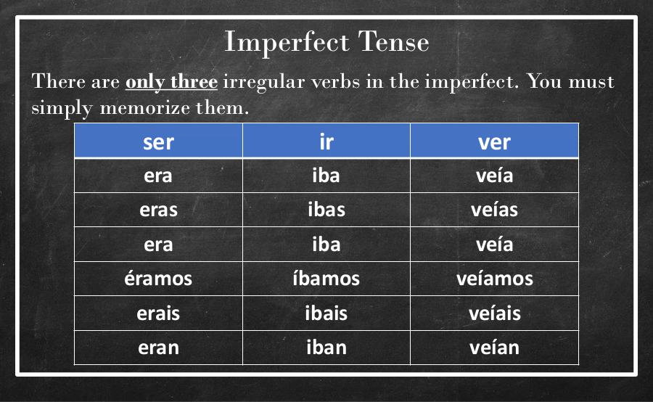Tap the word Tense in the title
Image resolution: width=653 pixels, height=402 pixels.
393,41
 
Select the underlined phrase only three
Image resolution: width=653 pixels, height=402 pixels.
171,82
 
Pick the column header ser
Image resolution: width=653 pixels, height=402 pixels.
158,140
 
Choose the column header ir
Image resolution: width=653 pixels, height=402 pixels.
326,140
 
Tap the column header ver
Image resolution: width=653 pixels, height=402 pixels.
494,140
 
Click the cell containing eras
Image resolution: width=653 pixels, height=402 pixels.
158,210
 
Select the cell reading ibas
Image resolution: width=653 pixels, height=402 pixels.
326,210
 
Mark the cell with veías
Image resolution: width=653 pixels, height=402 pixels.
494,210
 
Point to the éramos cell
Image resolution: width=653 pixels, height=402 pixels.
158,279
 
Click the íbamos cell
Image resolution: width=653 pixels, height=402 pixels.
326,279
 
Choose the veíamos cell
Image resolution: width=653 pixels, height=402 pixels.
494,279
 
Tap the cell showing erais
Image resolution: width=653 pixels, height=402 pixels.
158,313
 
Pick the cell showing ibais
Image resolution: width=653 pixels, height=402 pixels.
326,313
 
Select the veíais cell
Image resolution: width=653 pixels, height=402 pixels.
494,313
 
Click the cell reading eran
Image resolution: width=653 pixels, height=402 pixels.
158,348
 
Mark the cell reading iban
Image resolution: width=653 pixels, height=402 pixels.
326,348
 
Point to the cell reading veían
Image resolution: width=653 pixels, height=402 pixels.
494,348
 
